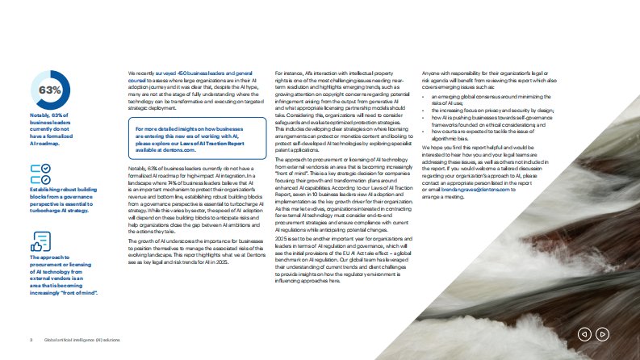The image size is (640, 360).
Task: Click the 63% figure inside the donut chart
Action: (50, 89)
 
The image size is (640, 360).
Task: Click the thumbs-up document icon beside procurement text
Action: (40, 241)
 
